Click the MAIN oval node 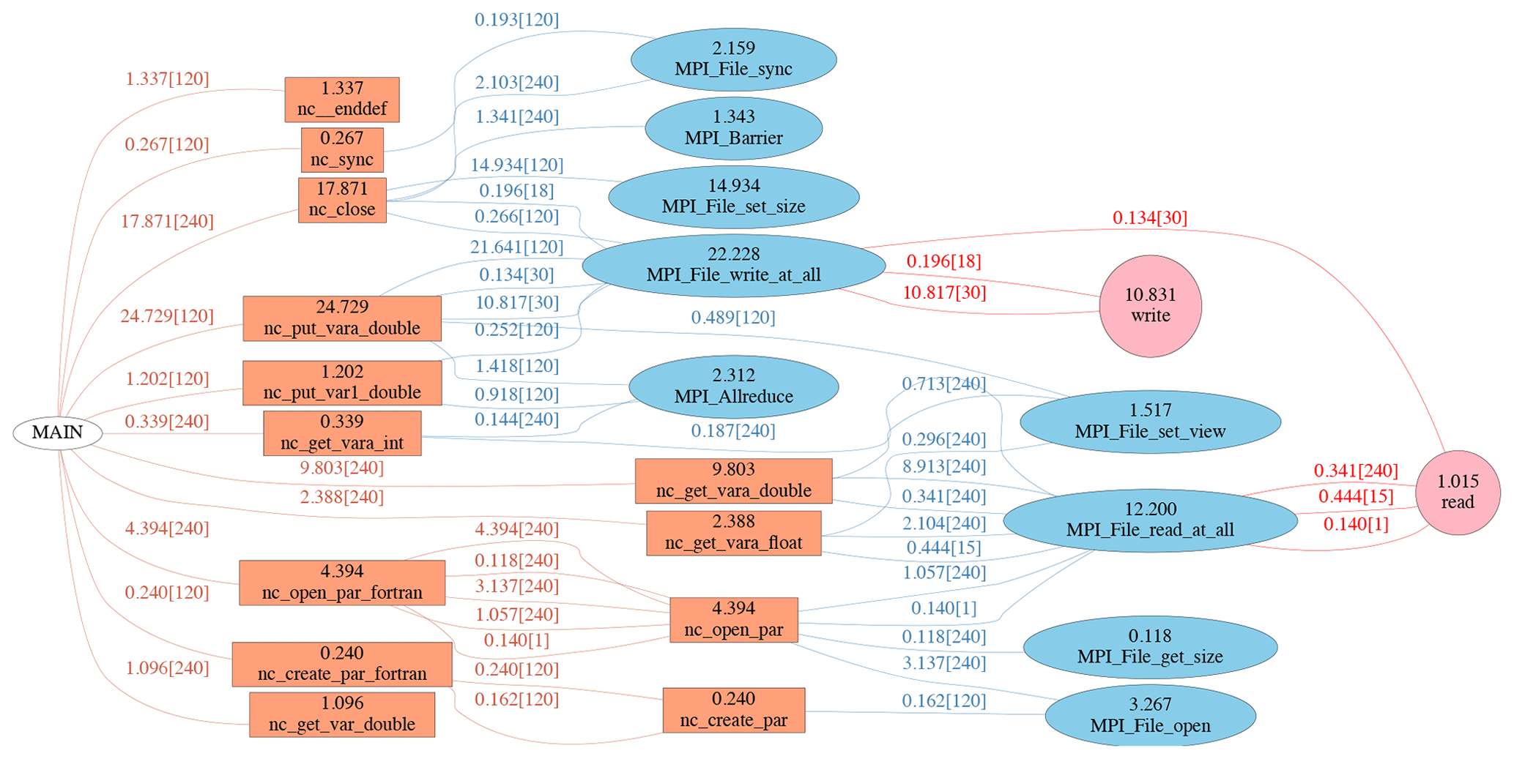click(57, 433)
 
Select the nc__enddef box click(342, 100)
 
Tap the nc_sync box click(342, 149)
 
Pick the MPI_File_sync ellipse click(733, 59)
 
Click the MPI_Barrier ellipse click(733, 128)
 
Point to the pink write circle click(1150, 305)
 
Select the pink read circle click(1457, 492)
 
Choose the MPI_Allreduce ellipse click(733, 386)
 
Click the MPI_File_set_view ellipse click(1150, 422)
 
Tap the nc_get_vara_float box click(733, 533)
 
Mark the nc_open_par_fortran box click(342, 583)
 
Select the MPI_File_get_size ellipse click(1150, 647)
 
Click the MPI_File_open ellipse click(1150, 715)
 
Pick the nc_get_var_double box click(342, 714)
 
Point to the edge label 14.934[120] click(517, 165)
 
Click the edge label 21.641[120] click(517, 247)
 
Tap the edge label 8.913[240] click(943, 467)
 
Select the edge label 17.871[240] click(167, 221)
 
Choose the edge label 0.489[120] click(733, 318)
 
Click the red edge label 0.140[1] click(1356, 524)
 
